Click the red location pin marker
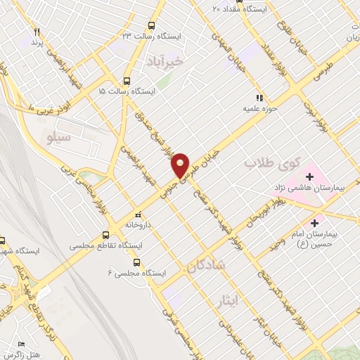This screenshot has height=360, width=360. [181, 165]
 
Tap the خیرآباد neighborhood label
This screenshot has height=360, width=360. [164, 63]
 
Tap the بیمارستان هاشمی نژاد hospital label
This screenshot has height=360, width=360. [308, 188]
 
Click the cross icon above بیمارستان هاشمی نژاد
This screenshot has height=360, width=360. [310, 176]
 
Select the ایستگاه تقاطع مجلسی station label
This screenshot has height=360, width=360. [106, 247]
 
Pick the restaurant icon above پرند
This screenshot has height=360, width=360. [37, 32]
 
